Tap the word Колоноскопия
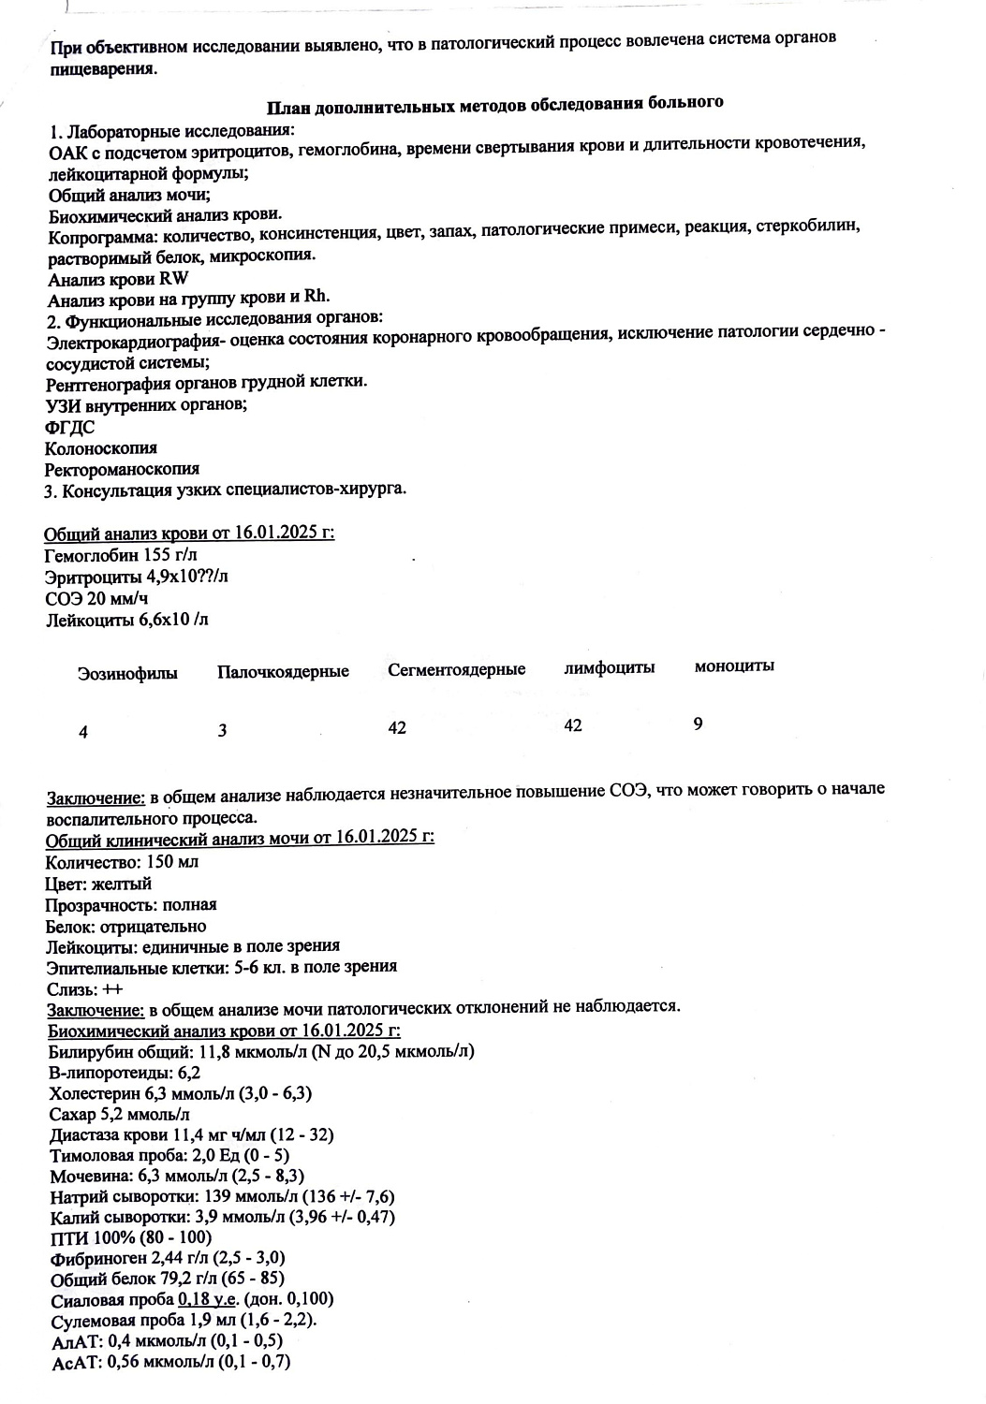pos(101,448)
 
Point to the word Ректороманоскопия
pos(122,469)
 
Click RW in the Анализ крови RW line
pos(175,277)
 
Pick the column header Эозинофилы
pos(127,673)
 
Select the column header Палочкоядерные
pos(283,672)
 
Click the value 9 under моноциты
pos(699,724)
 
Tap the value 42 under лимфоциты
pos(573,725)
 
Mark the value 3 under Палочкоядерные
pos(222,731)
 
